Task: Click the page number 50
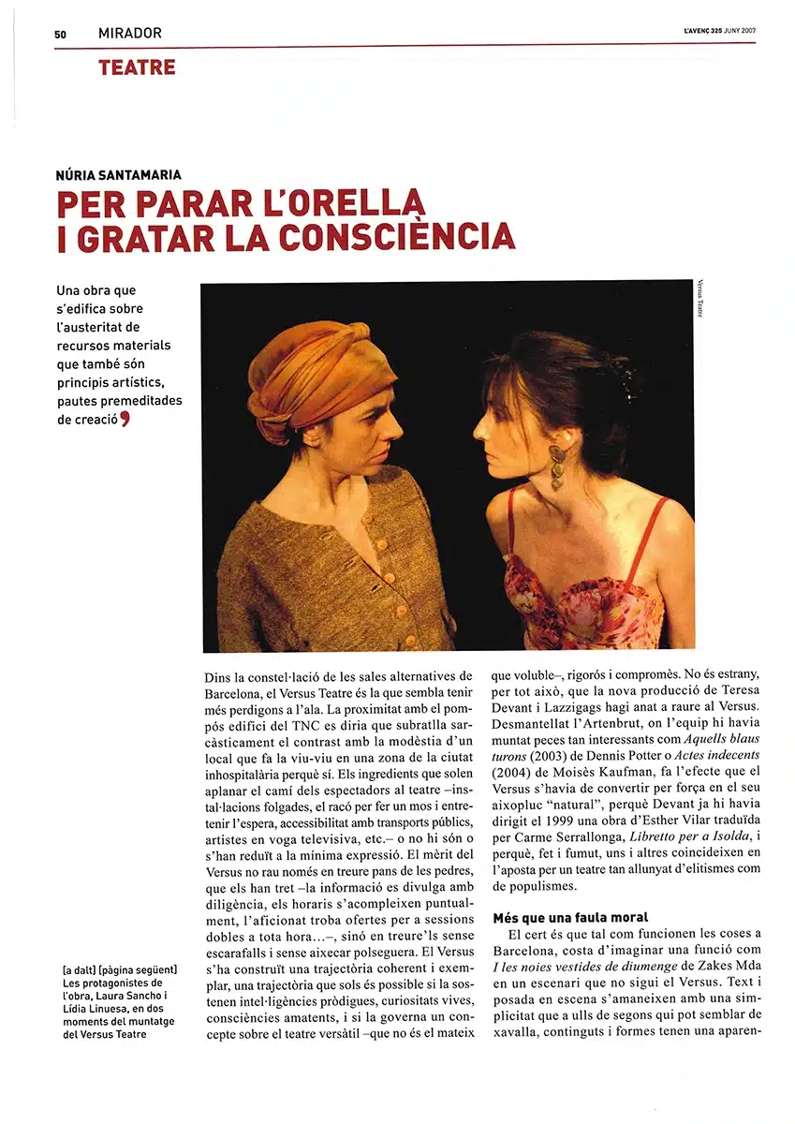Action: click(60, 34)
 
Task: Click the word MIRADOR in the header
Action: click(129, 34)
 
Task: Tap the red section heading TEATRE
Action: click(136, 67)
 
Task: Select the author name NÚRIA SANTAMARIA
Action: click(117, 173)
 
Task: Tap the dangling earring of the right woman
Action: click(558, 466)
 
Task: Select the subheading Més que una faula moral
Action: click(570, 917)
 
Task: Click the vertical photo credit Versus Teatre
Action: click(699, 298)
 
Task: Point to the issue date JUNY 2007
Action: click(741, 31)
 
